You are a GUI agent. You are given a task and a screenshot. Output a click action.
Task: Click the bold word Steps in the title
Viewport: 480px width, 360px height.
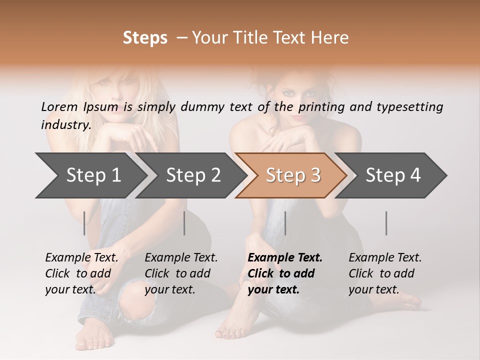(145, 38)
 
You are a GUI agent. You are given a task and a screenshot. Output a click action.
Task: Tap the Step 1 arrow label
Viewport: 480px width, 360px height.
(93, 175)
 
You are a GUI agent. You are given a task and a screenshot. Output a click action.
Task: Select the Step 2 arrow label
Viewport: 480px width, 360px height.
(193, 175)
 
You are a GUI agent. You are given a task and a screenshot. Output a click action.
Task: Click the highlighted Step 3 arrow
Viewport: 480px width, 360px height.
(293, 175)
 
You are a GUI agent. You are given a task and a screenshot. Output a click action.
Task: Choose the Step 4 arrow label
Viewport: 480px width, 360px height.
(393, 175)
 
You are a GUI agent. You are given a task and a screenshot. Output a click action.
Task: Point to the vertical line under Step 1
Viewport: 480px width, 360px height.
(84, 223)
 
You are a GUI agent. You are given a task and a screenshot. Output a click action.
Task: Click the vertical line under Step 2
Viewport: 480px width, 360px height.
(184, 223)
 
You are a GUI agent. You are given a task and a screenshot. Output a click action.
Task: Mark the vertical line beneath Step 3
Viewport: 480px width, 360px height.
(285, 223)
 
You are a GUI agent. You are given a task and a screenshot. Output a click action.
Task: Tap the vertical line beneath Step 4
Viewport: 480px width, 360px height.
(386, 223)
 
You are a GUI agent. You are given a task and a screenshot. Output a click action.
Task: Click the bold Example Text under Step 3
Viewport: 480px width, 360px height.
(285, 258)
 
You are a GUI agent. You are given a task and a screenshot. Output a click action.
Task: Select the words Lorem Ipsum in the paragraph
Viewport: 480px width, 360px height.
(79, 107)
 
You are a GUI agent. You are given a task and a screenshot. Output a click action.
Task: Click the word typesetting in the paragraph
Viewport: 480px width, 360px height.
(409, 107)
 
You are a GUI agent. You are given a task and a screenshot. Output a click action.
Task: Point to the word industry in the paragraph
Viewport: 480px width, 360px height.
(65, 125)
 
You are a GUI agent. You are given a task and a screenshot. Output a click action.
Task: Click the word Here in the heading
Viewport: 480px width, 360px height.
(330, 38)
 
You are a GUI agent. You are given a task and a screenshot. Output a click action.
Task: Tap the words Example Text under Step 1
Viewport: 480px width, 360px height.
(81, 258)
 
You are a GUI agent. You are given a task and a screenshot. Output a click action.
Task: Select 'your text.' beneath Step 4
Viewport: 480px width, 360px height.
(373, 289)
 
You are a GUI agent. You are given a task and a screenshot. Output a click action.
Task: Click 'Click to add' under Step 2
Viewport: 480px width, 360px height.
(177, 273)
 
